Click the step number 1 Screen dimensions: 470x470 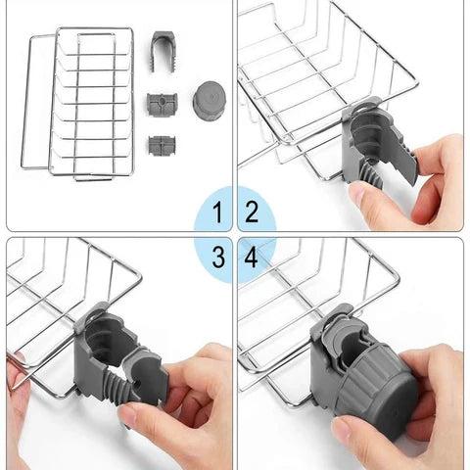click(x=218, y=212)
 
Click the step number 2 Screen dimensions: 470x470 click(x=252, y=212)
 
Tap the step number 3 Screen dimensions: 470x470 click(x=218, y=257)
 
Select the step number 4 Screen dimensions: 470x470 click(x=251, y=257)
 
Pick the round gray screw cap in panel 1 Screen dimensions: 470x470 click(x=210, y=97)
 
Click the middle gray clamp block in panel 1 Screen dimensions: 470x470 click(x=162, y=104)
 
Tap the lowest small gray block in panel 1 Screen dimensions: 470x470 click(x=162, y=145)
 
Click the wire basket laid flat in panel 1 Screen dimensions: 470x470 click(x=78, y=104)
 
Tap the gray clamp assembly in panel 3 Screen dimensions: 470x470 click(x=117, y=355)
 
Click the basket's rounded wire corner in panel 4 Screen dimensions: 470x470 click(x=396, y=277)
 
